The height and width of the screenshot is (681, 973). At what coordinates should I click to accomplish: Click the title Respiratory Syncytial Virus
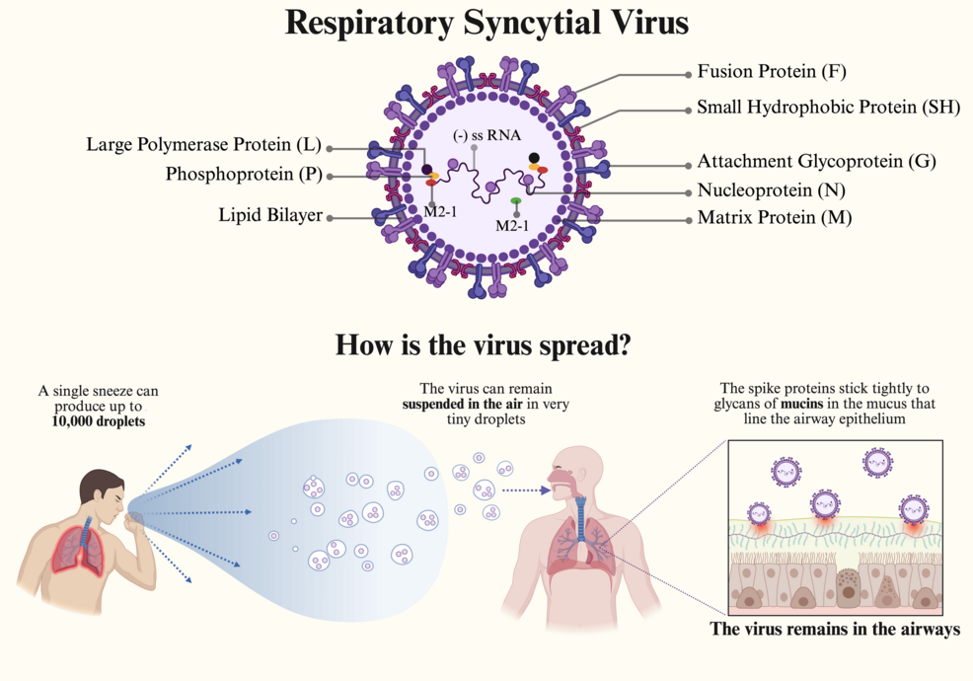tap(486, 23)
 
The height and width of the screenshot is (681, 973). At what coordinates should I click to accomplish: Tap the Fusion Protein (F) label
tap(771, 72)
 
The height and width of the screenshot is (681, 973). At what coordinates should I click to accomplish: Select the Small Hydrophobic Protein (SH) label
tap(828, 108)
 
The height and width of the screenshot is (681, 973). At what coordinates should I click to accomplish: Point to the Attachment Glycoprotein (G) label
tap(816, 161)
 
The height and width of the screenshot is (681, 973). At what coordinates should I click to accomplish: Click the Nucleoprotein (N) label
tap(771, 190)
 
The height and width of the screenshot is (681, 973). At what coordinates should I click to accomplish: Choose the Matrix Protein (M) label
tap(774, 217)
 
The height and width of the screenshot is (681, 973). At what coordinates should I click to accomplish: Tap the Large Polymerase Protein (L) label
tap(204, 146)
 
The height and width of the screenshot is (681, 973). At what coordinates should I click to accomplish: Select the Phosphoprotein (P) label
tap(244, 175)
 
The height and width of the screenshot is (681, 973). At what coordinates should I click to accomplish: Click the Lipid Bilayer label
tap(270, 215)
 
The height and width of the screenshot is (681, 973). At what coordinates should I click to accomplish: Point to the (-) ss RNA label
tap(486, 135)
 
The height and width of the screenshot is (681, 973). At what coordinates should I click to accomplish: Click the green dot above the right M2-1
tap(516, 201)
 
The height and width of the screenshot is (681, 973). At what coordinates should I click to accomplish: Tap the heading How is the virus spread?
tap(484, 345)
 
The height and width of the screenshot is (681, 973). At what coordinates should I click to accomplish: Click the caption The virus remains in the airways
tap(835, 629)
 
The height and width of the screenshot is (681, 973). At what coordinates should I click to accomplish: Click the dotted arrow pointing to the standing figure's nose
tap(524, 490)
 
